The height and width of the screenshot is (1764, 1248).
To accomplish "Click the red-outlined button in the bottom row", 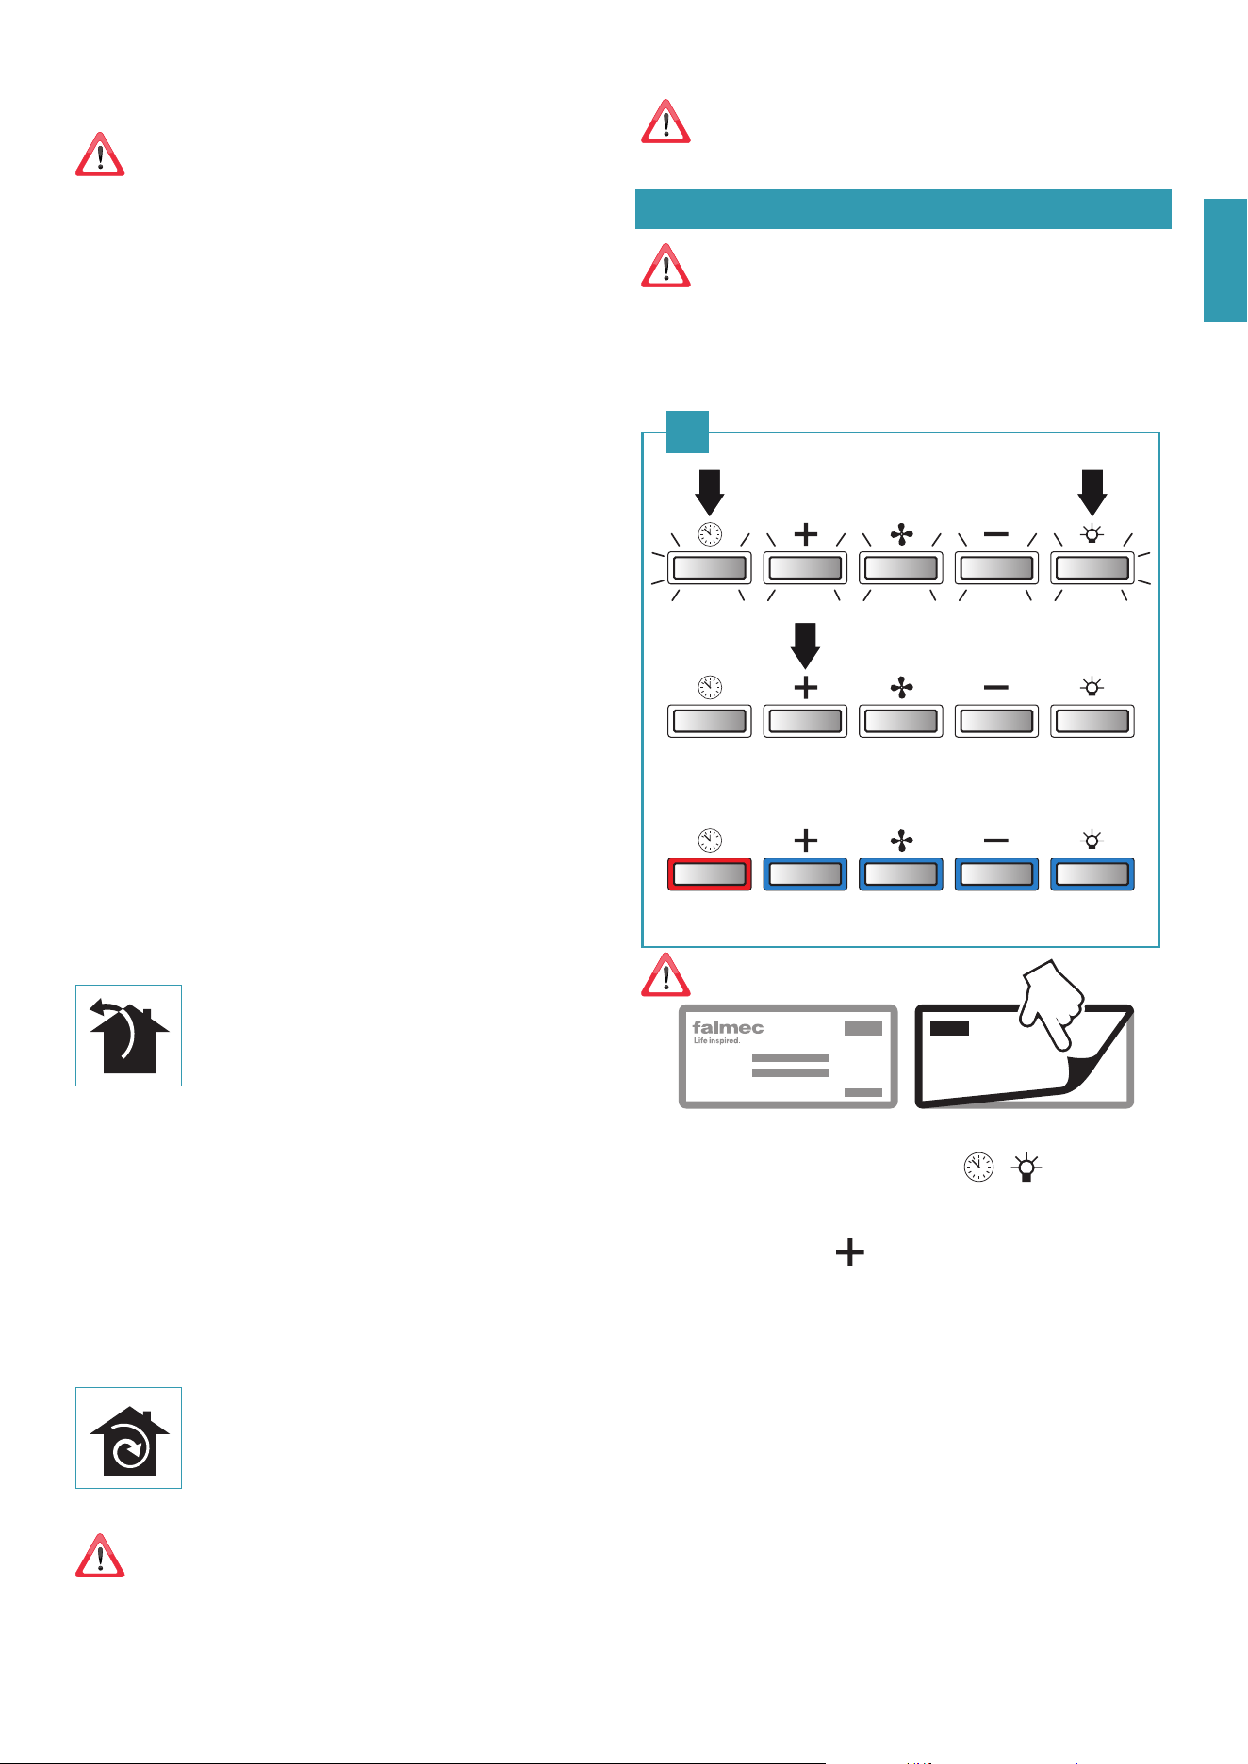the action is point(709,874).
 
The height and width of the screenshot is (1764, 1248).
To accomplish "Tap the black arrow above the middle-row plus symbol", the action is point(805,645).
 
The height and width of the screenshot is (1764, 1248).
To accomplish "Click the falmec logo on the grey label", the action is point(728,1028).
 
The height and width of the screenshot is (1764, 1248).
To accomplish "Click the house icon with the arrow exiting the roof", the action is point(129,1036).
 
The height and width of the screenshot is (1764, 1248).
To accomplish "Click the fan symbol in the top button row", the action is point(901,535).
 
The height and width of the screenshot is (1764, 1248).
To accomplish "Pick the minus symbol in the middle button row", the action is point(995,688).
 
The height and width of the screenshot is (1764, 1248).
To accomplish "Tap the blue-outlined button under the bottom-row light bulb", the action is point(1092,874).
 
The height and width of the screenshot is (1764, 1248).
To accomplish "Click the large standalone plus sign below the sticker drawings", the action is point(849,1252).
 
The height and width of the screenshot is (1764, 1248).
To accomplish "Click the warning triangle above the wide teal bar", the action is point(665,122).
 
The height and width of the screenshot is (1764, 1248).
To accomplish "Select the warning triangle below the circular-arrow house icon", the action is point(100,1556).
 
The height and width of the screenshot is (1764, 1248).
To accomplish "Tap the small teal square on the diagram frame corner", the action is point(687,432).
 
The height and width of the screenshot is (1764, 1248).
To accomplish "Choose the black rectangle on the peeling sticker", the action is point(949,1027).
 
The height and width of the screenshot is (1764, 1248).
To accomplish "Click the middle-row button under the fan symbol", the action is point(901,722).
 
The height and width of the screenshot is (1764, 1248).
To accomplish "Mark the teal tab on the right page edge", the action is point(1225,260).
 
